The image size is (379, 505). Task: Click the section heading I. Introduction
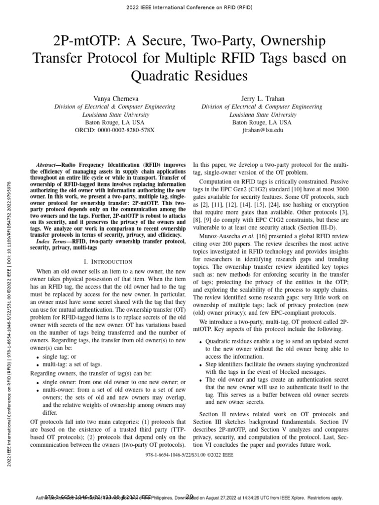point(108,261)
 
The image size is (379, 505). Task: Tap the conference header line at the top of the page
point(189,7)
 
